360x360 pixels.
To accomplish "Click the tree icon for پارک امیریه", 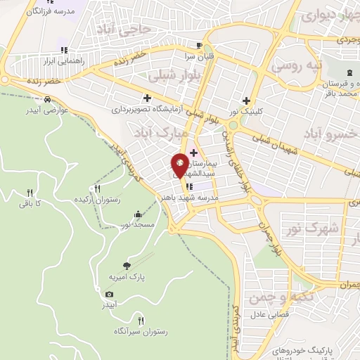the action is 127,266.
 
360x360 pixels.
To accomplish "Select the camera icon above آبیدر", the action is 108,294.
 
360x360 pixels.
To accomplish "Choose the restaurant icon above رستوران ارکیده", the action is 98,188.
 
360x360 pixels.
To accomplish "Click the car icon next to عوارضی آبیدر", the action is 47,99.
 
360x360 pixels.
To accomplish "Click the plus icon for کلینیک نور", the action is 246,101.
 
